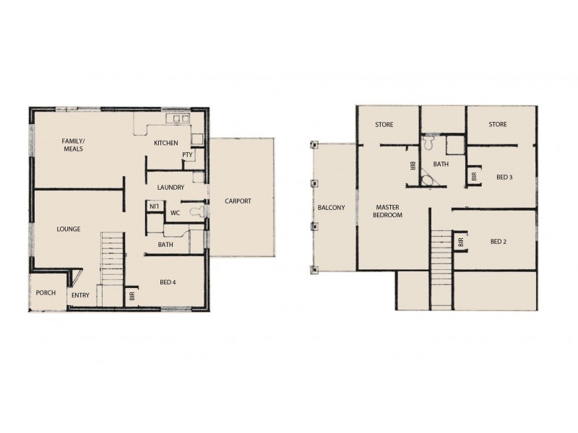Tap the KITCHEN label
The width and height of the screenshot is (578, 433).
pos(166,143)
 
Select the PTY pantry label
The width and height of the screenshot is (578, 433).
pos(188,154)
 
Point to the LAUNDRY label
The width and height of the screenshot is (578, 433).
pos(168,188)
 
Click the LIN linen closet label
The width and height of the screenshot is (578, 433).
pos(153,207)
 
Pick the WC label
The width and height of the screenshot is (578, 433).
pos(175,213)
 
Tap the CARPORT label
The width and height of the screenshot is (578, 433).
pos(238,201)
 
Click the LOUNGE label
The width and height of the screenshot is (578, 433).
pos(69,229)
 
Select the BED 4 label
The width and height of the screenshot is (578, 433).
pos(168,282)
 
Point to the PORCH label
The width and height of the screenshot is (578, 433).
pos(46,293)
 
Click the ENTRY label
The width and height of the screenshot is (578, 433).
pos(79,294)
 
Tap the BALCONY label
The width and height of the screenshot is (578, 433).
pos(330,208)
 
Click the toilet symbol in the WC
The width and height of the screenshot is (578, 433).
pos(193,211)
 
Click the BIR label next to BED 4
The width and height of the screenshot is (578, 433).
pos(132,295)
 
